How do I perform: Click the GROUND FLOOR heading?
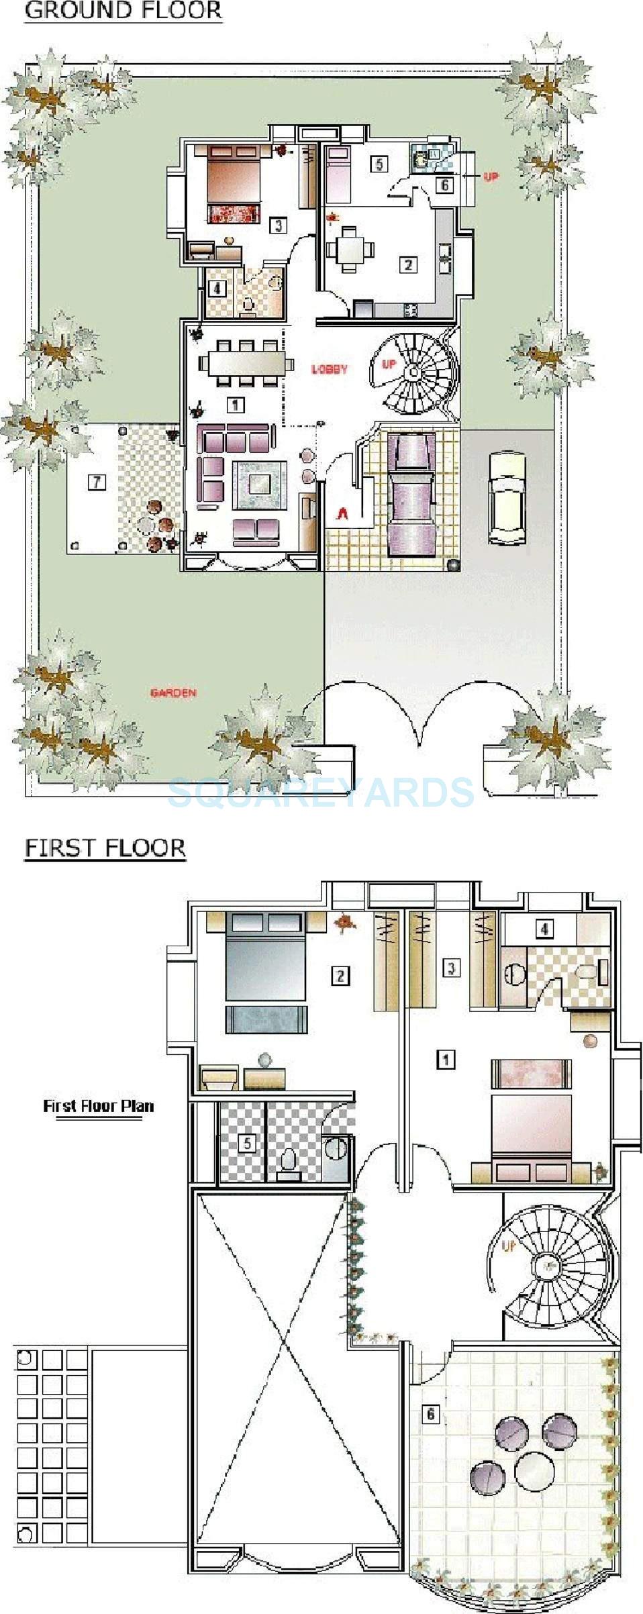pos(123,11)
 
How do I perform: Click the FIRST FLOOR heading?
pos(105,848)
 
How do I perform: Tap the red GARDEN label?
pos(173,693)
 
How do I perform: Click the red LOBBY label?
pos(330,369)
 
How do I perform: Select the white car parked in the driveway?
pos(506,497)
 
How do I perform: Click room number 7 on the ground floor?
pos(97,481)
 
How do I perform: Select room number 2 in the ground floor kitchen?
pos(407,264)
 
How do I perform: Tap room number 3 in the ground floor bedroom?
pos(278,225)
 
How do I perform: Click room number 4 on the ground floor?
pos(216,289)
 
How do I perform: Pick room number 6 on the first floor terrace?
pos(430,1415)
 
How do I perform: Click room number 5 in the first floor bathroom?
pos(248,1142)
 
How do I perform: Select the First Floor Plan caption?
pos(99,1106)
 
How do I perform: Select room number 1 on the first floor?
pos(445,1059)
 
